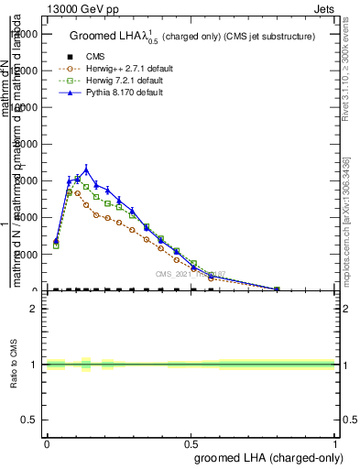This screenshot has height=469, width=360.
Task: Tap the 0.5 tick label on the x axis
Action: click(191, 442)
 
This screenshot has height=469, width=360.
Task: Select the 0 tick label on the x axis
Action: click(47, 442)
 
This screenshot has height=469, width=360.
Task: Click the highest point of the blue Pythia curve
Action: click(86, 169)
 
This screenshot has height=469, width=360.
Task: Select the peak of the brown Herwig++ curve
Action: click(77, 192)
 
